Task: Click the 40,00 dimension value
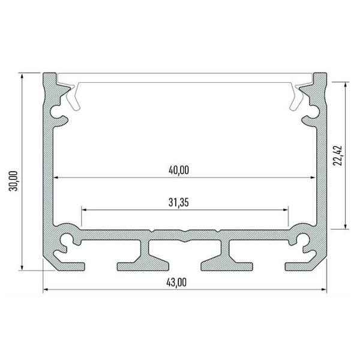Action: tap(178, 170)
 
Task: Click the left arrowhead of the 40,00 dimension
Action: tap(57, 178)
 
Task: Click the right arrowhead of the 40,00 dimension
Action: tap(312, 178)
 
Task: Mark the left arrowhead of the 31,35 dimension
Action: tap(85, 210)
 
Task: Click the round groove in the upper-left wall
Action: tap(59, 112)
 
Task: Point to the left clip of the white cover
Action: tap(73, 97)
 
